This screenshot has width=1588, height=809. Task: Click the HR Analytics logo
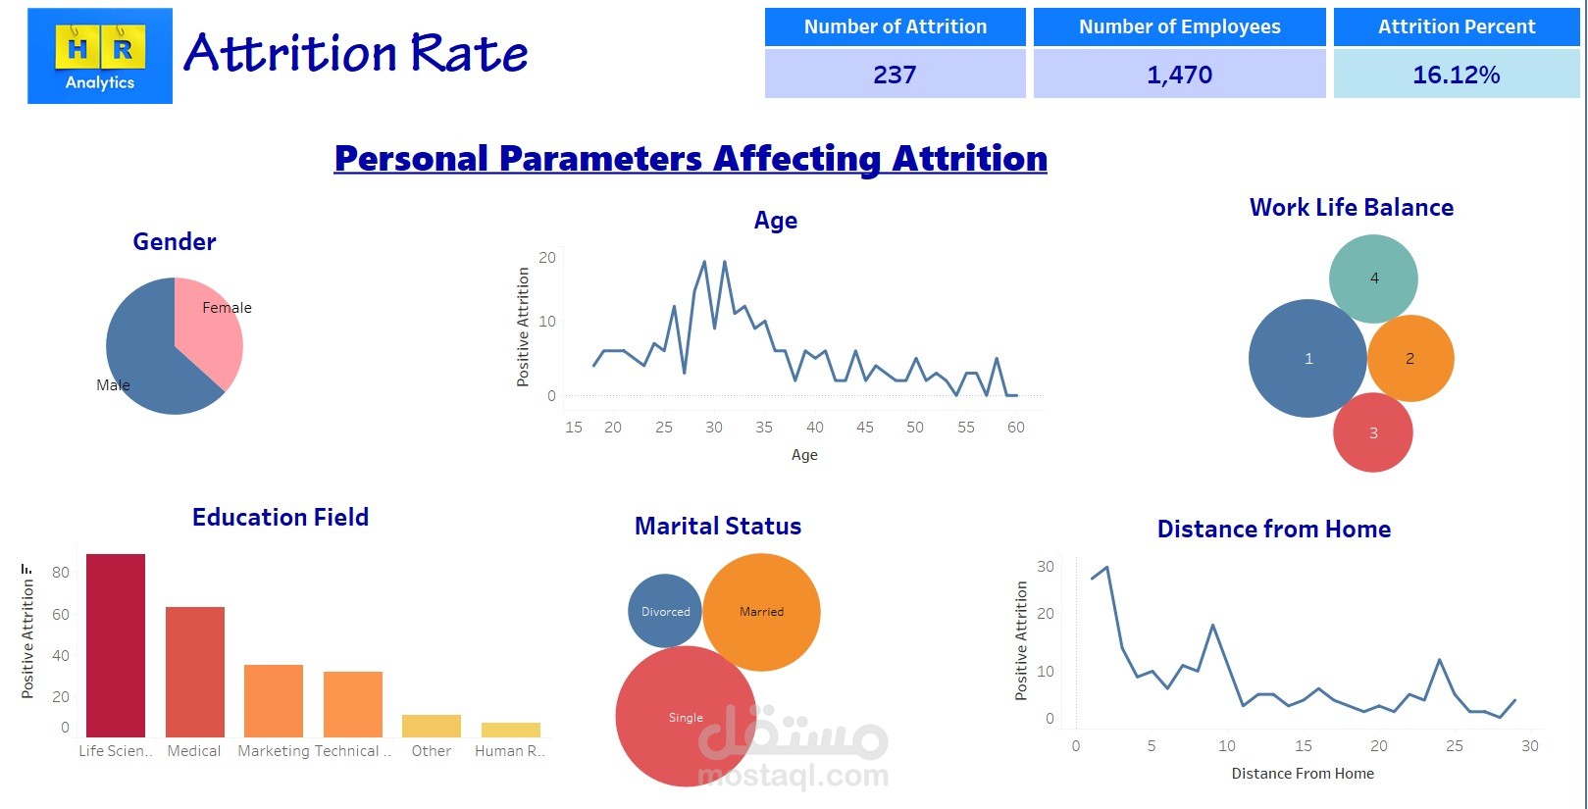100,56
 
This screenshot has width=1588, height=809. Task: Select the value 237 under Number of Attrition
895,75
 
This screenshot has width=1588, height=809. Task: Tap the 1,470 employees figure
1179,75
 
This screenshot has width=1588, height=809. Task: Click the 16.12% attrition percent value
1456,75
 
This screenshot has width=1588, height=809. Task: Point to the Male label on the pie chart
113,385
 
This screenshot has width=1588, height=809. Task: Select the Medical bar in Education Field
194,672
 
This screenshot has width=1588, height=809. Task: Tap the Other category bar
432,726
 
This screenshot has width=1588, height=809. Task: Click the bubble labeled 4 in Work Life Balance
1373,278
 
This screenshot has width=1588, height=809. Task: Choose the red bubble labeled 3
1372,432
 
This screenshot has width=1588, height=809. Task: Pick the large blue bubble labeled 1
1307,359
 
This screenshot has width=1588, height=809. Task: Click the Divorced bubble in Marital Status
665,611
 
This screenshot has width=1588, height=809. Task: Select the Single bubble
685,717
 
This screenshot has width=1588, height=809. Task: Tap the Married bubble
761,611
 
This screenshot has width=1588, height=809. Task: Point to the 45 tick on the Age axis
864,428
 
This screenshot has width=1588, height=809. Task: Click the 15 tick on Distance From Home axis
1303,746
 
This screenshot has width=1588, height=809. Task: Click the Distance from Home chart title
1273,530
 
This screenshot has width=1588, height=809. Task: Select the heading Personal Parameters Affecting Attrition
691,159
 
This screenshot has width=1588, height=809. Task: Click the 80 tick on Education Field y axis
61,573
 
